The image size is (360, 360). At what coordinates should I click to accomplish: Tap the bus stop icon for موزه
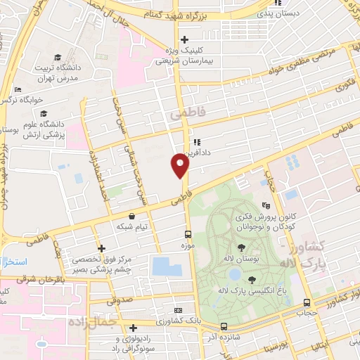(188, 234)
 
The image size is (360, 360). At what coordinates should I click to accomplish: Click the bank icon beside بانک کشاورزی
(178, 309)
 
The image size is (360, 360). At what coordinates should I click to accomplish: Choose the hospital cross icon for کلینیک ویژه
(184, 39)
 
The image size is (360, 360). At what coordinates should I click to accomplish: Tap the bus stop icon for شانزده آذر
(224, 326)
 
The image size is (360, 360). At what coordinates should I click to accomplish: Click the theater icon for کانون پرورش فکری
(265, 206)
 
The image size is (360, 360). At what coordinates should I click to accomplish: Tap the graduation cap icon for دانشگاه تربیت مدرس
(56, 55)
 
